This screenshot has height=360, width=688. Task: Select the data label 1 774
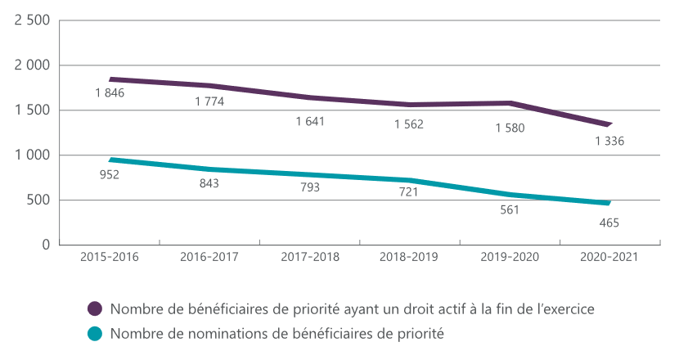pos(209,101)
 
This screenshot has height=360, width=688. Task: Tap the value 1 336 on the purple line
pos(609,141)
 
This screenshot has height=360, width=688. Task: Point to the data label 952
pos(109,174)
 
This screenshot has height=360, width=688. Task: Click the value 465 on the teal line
pos(609,222)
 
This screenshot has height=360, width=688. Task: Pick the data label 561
pos(509,209)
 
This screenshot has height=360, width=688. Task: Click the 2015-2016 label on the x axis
pos(109,257)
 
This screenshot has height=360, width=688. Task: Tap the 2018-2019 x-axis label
pos(408,257)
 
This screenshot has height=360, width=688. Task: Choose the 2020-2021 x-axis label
pos(609,257)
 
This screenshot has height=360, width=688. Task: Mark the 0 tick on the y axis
pos(46,245)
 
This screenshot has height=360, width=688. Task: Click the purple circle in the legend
pos(96,308)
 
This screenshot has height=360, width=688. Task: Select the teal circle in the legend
pos(96,334)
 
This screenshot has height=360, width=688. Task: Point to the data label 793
pos(309,187)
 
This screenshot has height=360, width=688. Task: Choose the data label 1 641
pos(310,121)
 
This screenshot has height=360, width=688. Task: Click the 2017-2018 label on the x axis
pos(309,257)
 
